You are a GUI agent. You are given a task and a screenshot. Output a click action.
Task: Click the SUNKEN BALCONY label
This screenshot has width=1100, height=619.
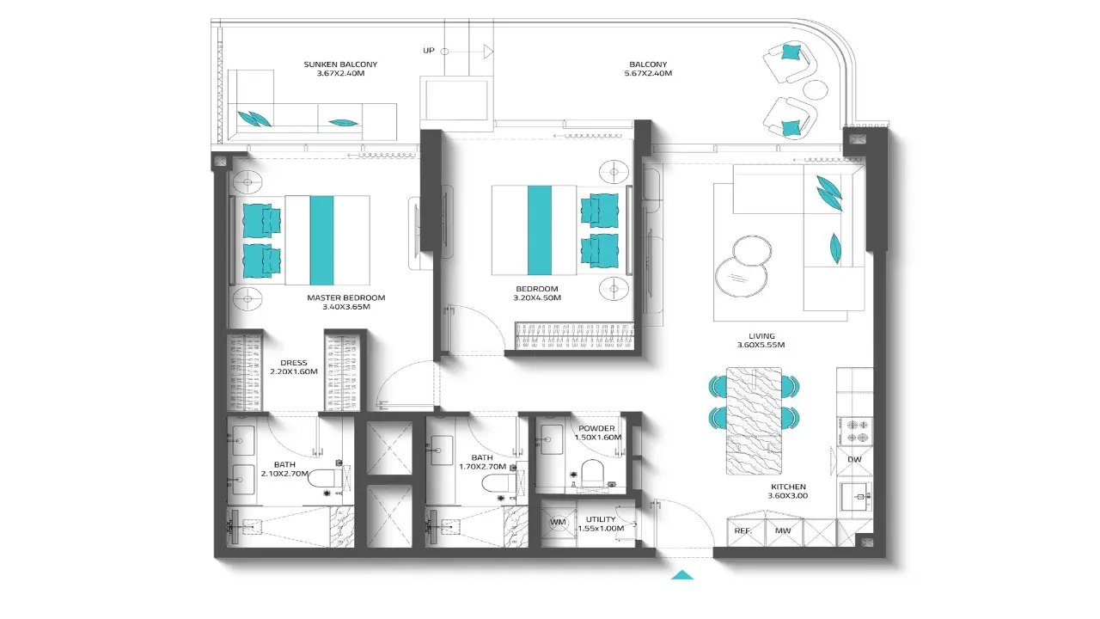pyautogui.click(x=340, y=64)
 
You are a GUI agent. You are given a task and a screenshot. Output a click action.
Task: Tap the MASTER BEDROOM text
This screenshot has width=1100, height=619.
pyautogui.click(x=346, y=297)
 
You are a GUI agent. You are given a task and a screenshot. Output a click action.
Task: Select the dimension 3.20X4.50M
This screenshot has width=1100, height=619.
pyautogui.click(x=537, y=297)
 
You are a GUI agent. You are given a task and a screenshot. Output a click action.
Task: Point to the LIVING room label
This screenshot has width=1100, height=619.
pyautogui.click(x=761, y=336)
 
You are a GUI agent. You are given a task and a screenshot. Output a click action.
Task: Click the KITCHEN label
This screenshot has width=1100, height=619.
pyautogui.click(x=788, y=487)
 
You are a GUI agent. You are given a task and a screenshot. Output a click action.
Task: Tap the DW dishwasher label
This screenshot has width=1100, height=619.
pyautogui.click(x=854, y=459)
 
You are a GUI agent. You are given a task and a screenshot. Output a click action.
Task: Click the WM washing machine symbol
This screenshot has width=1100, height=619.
pyautogui.click(x=558, y=522)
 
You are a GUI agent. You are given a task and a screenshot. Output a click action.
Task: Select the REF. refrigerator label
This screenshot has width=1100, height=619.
pyautogui.click(x=743, y=531)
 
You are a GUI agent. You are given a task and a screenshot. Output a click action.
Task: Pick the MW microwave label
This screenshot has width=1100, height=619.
pyautogui.click(x=783, y=531)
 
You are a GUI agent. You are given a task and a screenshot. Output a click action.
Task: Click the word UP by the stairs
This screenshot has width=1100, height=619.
pyautogui.click(x=429, y=51)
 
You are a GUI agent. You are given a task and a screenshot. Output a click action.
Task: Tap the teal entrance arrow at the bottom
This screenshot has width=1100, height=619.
pyautogui.click(x=682, y=575)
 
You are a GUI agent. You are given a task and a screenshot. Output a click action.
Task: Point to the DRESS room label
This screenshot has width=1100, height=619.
pyautogui.click(x=294, y=363)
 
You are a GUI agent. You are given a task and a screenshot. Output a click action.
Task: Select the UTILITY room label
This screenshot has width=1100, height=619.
pyautogui.click(x=601, y=519)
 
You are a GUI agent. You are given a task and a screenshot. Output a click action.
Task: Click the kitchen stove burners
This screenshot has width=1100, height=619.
pyautogui.click(x=854, y=432)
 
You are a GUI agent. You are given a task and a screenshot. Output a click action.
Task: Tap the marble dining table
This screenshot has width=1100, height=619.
pyautogui.click(x=754, y=421)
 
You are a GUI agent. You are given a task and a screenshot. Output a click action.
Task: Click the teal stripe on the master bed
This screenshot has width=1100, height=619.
pyautogui.click(x=321, y=240)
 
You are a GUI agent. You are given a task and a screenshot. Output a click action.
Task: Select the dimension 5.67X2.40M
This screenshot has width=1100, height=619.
pyautogui.click(x=648, y=73)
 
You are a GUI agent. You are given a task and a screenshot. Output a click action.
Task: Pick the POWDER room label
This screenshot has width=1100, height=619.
pyautogui.click(x=596, y=428)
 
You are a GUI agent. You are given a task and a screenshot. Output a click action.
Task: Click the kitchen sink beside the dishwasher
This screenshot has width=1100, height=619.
pyautogui.click(x=856, y=497)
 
